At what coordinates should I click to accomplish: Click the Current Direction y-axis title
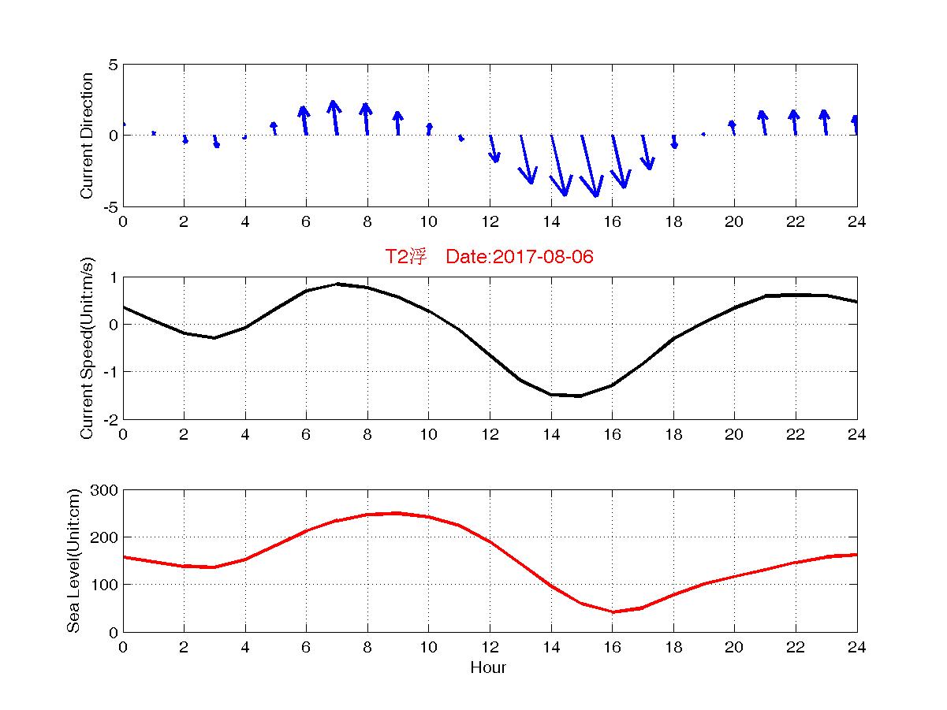tap(88, 136)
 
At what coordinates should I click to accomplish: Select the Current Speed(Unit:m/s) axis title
tap(88, 348)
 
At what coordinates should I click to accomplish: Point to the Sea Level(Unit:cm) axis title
tap(74, 561)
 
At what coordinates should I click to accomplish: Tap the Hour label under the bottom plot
tap(488, 668)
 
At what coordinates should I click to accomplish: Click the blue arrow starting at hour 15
tap(590, 166)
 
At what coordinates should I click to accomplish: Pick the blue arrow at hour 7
tap(335, 118)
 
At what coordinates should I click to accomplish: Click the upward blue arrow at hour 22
tap(794, 122)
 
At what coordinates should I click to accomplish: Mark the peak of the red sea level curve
tap(397, 513)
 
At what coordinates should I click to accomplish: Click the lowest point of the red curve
tap(613, 611)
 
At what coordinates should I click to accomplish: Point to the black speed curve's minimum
tap(580, 396)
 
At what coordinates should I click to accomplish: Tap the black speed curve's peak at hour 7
tap(337, 284)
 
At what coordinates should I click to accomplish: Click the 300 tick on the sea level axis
tap(105, 490)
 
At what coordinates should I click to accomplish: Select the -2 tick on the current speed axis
tap(110, 419)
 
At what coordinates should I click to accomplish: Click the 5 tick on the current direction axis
tap(114, 65)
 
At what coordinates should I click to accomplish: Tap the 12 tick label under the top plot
tap(490, 221)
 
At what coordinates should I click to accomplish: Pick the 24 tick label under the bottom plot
tap(857, 647)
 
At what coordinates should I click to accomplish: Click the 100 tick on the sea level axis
tap(105, 585)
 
